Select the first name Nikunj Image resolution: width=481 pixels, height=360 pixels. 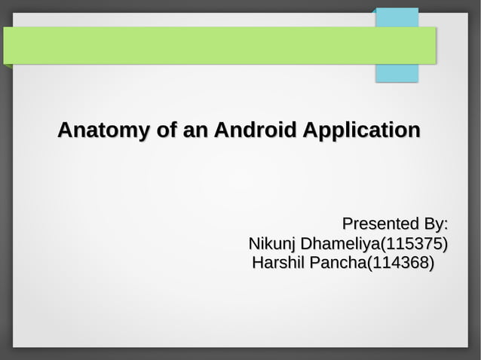point(272,244)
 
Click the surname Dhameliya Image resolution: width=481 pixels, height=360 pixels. point(340,244)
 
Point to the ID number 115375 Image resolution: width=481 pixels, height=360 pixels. point(414,244)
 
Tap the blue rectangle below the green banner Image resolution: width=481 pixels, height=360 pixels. point(397,73)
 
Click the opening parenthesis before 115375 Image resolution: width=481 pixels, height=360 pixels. point(384,244)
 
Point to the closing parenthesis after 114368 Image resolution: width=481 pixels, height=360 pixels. point(432,264)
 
